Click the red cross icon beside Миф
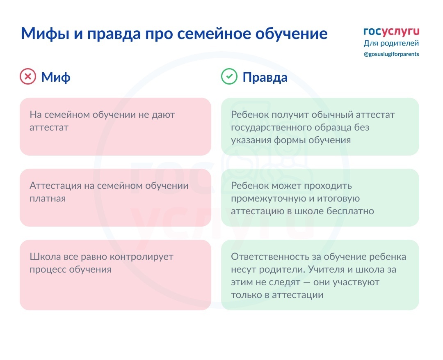28,76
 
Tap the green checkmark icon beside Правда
229,76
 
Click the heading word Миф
56,77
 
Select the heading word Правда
265,77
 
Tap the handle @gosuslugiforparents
391,54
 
